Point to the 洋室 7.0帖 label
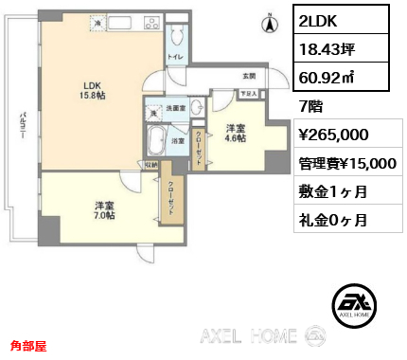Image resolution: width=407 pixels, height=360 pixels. point(104,211)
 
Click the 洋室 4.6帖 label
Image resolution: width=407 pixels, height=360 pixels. point(236,133)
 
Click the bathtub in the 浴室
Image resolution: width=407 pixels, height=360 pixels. point(155,141)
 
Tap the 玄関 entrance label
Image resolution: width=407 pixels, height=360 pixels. point(248,76)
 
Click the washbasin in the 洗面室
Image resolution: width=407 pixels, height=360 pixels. point(197,108)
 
